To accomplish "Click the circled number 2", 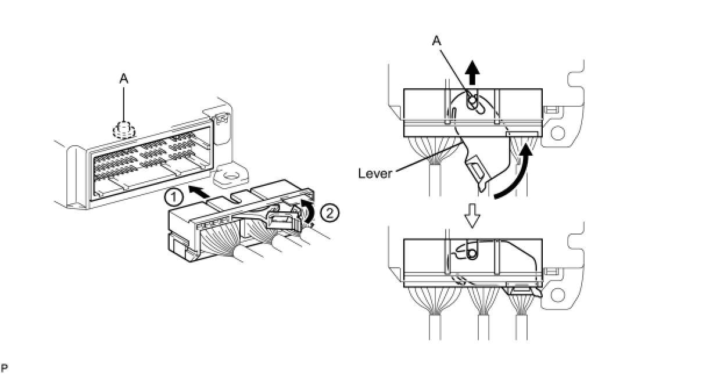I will tap(329, 213).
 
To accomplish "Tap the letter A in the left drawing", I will tap(124, 79).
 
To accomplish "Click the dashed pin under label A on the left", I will tap(123, 129).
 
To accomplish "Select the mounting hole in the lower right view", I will tap(558, 295).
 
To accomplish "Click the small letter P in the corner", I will tap(4, 368).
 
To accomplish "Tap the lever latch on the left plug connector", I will tap(281, 222).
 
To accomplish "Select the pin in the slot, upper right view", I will tap(473, 104).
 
